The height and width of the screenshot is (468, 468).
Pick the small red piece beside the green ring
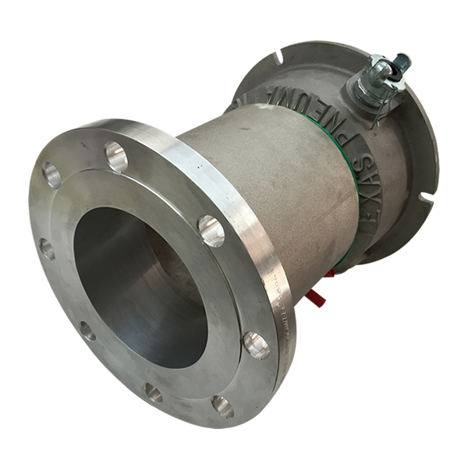point(331,273)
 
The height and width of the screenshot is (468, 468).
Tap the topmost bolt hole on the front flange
point(115,157)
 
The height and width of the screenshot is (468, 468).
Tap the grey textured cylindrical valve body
point(265,179)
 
